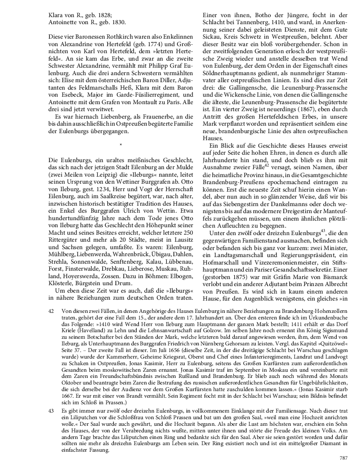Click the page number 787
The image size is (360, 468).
coord(344,458)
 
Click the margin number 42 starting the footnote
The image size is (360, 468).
coord(51,311)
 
